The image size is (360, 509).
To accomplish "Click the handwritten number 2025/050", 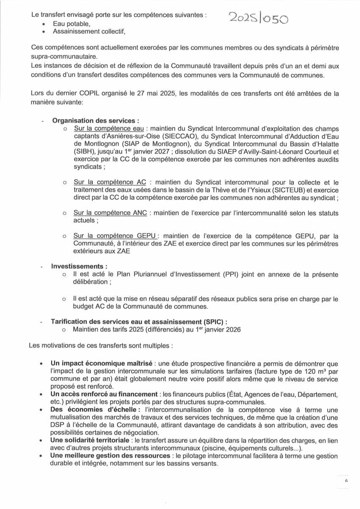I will pyautogui.click(x=259, y=18).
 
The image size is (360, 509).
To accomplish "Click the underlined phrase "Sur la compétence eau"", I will pyautogui.click(x=108, y=129).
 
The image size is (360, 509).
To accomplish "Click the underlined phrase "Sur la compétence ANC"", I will pyautogui.click(x=110, y=212).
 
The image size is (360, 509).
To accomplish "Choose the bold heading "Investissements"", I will pyautogui.click(x=78, y=266).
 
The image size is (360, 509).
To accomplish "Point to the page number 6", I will pyautogui.click(x=346, y=481).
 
